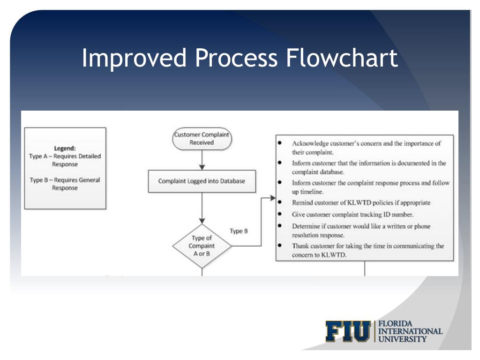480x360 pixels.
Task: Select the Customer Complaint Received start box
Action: pyautogui.click(x=202, y=138)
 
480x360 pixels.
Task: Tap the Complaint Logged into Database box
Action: pyautogui.click(x=202, y=181)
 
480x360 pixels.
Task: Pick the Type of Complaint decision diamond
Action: pyautogui.click(x=202, y=246)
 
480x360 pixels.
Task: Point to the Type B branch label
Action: pyautogui.click(x=239, y=231)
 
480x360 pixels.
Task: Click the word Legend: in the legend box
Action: pyautogui.click(x=65, y=148)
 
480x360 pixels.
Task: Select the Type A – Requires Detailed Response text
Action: pyautogui.click(x=65, y=160)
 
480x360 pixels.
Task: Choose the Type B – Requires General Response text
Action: pyautogui.click(x=65, y=184)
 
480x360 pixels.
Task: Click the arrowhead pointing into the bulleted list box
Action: pyautogui.click(x=273, y=198)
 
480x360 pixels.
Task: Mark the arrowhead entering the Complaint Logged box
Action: pyautogui.click(x=202, y=167)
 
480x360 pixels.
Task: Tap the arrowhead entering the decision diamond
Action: pyautogui.click(x=202, y=221)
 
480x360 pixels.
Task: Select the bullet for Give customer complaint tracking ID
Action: pyautogui.click(x=280, y=214)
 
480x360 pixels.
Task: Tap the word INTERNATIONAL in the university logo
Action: pyautogui.click(x=410, y=331)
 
